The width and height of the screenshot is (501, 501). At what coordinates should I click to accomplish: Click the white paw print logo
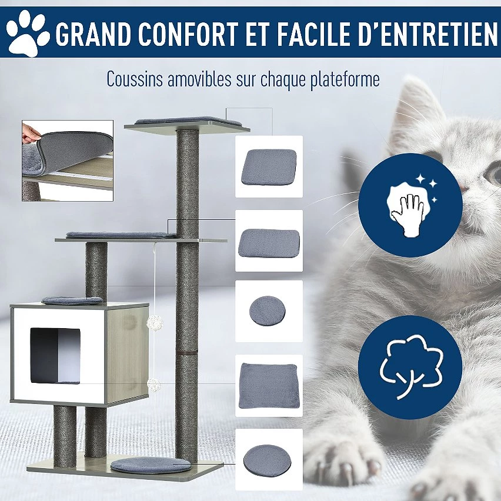pos(28,33)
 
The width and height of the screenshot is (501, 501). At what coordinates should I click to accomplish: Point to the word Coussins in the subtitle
pos(135,79)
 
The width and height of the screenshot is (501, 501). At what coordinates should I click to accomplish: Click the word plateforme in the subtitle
pos(345,79)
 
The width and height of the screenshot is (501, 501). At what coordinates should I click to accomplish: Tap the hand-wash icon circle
pos(410,205)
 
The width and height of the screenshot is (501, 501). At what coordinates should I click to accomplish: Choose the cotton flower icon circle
pos(410,367)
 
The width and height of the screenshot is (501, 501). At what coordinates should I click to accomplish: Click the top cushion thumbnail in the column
pos(269,166)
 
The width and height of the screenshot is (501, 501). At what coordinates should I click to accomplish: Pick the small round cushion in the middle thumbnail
pos(268,311)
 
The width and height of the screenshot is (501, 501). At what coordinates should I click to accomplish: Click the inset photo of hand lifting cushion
pos(68,161)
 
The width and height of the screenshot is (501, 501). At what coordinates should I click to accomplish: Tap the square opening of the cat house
pos(55,355)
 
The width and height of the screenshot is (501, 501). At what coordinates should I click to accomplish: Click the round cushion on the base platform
pos(151,465)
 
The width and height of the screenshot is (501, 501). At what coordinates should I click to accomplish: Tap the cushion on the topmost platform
pos(188,121)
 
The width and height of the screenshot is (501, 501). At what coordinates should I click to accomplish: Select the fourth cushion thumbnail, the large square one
pos(269,385)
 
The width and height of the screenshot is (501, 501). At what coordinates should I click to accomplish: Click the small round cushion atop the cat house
pos(72,300)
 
